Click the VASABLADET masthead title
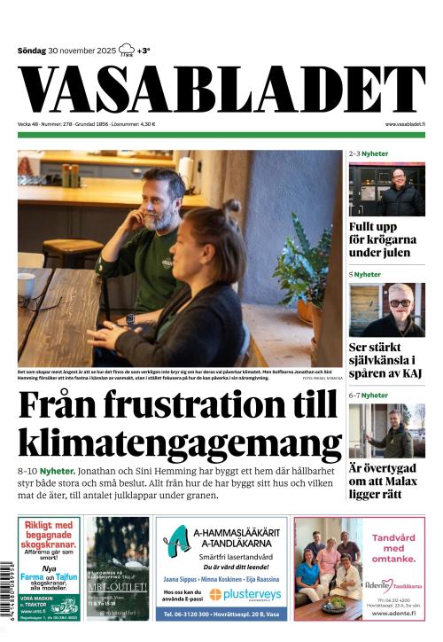221,90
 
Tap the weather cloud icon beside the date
127,50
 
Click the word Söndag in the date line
33,51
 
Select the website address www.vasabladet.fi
404,124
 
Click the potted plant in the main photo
303,275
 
